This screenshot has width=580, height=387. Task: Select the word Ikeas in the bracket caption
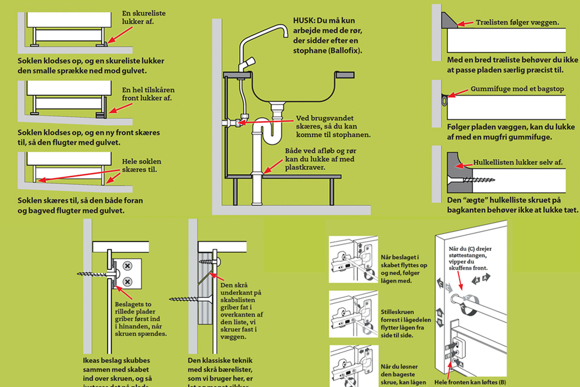click(x=92, y=361)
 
